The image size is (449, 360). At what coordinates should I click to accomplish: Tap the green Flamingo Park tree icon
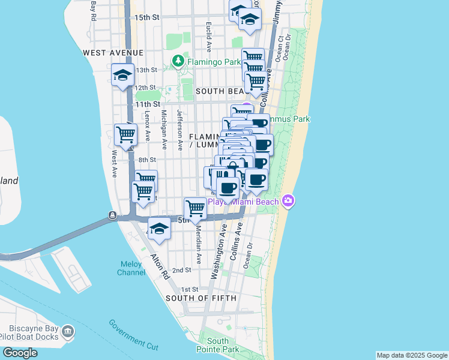[x=178, y=61]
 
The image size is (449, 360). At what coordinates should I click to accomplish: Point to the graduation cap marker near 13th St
[x=122, y=76]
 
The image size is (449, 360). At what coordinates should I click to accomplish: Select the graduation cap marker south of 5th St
[x=159, y=230]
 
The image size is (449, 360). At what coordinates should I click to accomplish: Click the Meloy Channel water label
[x=131, y=268]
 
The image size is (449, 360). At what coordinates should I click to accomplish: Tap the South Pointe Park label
[x=217, y=345]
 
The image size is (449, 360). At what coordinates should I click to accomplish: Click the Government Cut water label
[x=133, y=334]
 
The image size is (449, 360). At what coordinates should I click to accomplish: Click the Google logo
[x=20, y=353]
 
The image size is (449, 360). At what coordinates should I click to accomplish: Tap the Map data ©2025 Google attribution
[x=411, y=355]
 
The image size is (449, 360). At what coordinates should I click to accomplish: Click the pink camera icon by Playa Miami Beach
[x=288, y=201]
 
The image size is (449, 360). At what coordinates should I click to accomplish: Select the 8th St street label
[x=147, y=160]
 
